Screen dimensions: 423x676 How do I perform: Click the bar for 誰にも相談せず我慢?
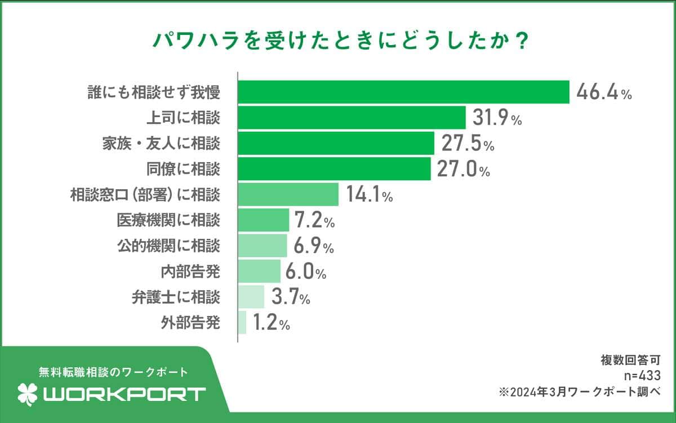point(403,92)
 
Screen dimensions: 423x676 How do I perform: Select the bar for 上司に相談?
point(352,118)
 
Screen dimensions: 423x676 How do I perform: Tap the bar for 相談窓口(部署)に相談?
point(288,195)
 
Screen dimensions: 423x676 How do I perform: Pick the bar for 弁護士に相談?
point(251,297)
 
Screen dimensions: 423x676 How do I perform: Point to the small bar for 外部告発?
point(242,323)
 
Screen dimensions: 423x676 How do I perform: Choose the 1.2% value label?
point(271,323)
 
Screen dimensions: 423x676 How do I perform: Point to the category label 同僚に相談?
point(182,169)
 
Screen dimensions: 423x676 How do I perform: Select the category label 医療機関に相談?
point(168,220)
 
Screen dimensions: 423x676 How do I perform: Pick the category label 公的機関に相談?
point(168,246)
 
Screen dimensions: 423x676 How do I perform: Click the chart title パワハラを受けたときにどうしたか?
point(338,42)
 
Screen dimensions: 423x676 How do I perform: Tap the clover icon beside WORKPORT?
point(28,394)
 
